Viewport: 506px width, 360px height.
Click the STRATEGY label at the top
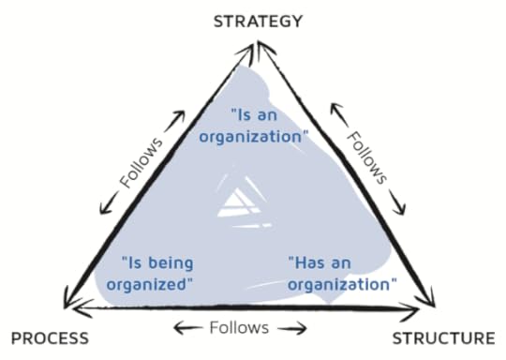coord(259,21)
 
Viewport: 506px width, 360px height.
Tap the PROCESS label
coord(49,338)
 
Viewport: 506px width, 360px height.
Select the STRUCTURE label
coord(442,338)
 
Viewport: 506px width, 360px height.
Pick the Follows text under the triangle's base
coord(241,327)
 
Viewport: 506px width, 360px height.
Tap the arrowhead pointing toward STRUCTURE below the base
coord(302,328)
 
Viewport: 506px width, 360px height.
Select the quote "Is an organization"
coord(269,125)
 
